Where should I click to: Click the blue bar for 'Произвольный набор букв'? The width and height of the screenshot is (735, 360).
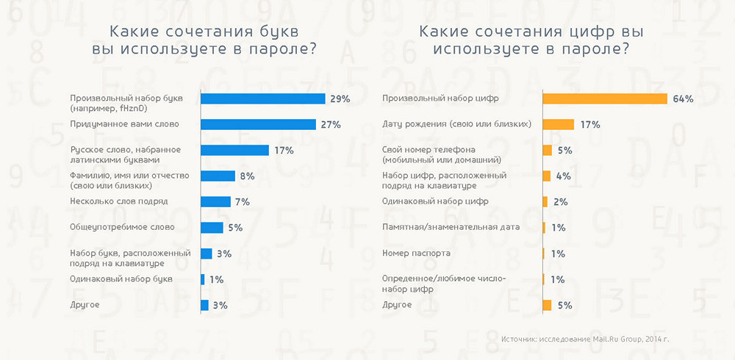(x=262, y=98)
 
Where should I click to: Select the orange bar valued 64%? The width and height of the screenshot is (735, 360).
(x=604, y=98)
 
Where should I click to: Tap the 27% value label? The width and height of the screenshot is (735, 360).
(x=331, y=125)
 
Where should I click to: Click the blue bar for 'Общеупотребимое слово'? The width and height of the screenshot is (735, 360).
(x=212, y=228)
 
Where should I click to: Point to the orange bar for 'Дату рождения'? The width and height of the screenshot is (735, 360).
(x=558, y=125)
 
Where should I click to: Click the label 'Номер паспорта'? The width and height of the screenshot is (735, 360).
(x=416, y=253)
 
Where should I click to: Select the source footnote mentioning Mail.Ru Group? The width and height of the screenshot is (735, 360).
(x=585, y=339)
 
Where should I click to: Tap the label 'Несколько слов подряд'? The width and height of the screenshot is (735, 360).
(x=119, y=201)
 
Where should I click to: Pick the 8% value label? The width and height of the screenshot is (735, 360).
(x=246, y=176)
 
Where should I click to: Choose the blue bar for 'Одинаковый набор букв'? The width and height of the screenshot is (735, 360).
(x=203, y=279)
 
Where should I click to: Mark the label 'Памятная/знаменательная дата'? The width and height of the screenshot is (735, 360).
(x=451, y=227)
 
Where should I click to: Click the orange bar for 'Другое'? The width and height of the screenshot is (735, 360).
(x=547, y=305)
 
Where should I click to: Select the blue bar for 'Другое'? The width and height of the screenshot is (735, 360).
(x=204, y=305)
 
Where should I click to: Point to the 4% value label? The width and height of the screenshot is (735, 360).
(x=562, y=176)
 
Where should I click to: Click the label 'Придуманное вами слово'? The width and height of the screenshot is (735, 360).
(x=124, y=124)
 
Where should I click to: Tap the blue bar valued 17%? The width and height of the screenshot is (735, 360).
(x=234, y=150)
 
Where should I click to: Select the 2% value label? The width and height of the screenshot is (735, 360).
(x=559, y=202)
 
